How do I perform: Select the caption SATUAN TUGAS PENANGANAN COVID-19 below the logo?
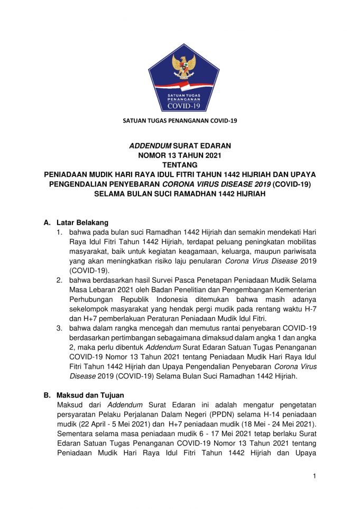[180, 121]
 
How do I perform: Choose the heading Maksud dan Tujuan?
[85, 395]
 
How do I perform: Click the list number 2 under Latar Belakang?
[59, 280]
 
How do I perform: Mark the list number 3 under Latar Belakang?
[59, 328]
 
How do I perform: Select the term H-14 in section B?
[271, 414]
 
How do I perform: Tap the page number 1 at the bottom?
[314, 476]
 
